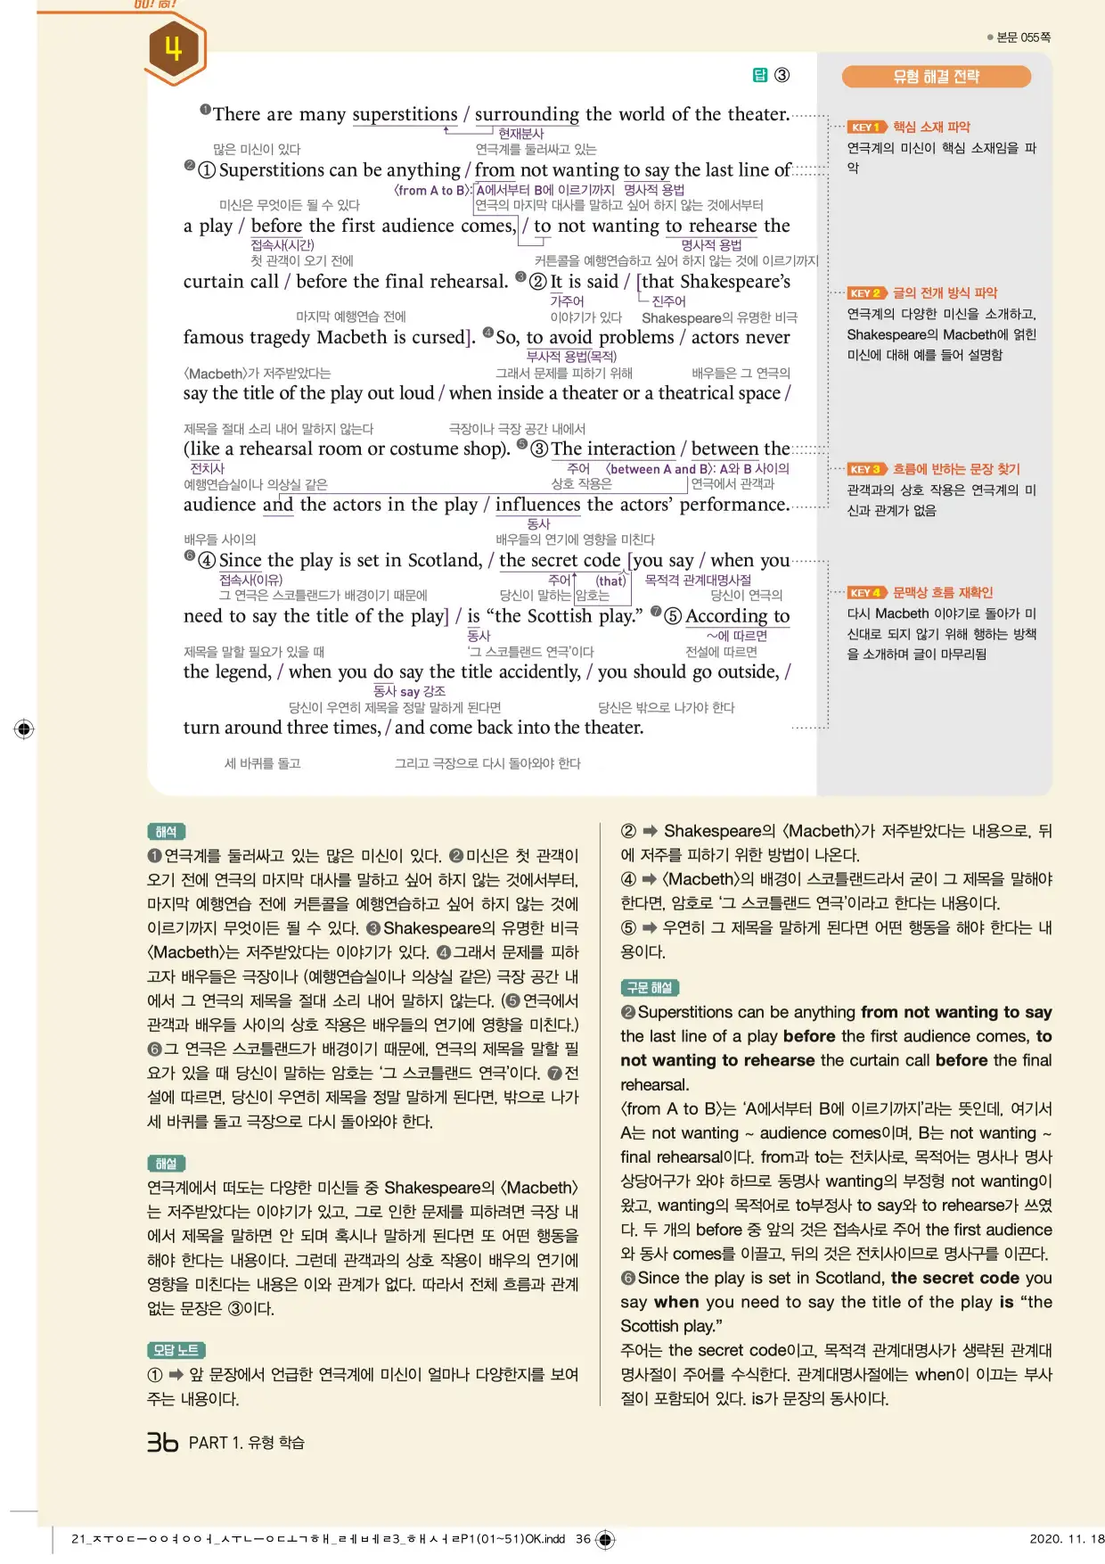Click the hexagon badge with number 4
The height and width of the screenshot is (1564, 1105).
tap(174, 50)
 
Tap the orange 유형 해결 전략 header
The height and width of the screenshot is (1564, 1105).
tap(936, 77)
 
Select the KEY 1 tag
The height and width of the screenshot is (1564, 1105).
tap(866, 127)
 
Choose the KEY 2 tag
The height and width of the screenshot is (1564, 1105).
tap(866, 292)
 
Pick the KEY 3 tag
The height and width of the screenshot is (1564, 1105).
tap(866, 469)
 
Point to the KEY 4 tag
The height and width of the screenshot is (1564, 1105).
tap(866, 592)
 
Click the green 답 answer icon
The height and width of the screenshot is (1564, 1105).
tap(760, 75)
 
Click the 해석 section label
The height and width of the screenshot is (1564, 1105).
tap(166, 832)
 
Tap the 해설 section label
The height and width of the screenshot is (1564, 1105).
tap(166, 1164)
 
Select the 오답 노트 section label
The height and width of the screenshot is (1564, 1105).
tap(176, 1350)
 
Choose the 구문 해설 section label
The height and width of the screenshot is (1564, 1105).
tap(650, 987)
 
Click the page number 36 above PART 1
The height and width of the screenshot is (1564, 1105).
tap(163, 1442)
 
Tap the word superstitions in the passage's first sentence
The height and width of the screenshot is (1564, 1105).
tap(405, 114)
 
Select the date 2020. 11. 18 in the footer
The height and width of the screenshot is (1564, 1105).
tap(1066, 1538)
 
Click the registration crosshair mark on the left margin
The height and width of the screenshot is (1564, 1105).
tap(24, 728)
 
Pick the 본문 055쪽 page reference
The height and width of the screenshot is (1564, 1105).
tap(1023, 37)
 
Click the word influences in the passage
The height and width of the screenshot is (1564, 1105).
tap(537, 505)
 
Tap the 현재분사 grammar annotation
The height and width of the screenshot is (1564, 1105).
tap(520, 134)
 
